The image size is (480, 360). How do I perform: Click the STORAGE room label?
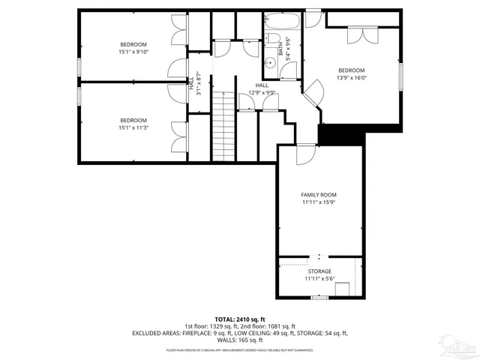319,271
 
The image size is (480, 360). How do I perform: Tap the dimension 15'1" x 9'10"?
133,52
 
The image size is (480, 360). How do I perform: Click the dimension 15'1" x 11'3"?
133,127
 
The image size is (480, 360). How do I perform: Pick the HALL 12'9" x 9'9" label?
262,89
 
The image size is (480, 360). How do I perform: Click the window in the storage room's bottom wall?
319,297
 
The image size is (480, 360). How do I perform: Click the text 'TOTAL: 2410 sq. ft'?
239,318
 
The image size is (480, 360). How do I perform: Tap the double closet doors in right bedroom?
361,35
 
